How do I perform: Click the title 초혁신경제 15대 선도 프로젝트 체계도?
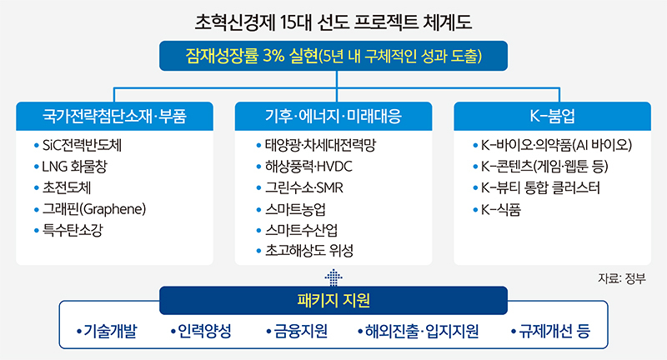[x=333, y=22]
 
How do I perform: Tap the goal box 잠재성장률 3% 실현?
[x=333, y=56]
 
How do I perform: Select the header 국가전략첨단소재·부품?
[x=114, y=116]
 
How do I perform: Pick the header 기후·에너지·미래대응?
[x=333, y=116]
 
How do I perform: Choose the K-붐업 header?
[x=552, y=116]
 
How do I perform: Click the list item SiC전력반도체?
[x=82, y=145]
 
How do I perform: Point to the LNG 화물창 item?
[x=74, y=167]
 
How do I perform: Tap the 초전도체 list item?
[x=67, y=187]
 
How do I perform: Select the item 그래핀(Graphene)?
[x=94, y=209]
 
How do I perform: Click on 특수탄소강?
[x=73, y=230]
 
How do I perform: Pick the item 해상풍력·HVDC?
[x=308, y=167]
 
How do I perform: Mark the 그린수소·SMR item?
[x=304, y=187]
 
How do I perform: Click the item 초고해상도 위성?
[x=309, y=251]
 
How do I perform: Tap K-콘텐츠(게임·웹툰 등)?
[x=544, y=167]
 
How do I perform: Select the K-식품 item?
[x=501, y=209]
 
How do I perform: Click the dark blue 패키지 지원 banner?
[x=333, y=301]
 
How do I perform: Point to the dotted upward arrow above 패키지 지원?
[x=333, y=277]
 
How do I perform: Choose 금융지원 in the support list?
[x=301, y=331]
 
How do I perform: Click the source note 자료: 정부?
[x=622, y=278]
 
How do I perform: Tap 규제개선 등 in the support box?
[x=554, y=331]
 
